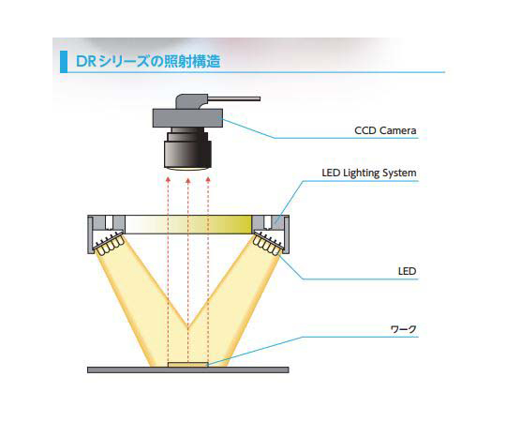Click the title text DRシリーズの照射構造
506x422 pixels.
[148, 61]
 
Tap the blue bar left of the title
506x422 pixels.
[64, 62]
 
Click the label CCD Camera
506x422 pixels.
[385, 130]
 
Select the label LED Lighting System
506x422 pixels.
[369, 173]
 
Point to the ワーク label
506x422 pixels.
[403, 329]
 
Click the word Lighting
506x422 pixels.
[361, 173]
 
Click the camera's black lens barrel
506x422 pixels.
[187, 149]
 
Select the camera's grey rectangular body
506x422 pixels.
[187, 118]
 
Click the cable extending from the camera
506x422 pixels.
[234, 98]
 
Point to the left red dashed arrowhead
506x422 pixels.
[168, 179]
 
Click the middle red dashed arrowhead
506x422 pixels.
[187, 181]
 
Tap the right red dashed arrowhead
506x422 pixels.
[208, 179]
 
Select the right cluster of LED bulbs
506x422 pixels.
[266, 245]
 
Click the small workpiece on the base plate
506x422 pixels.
[187, 365]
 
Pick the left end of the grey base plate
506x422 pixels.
[88, 370]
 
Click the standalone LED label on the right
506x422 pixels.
[408, 271]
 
